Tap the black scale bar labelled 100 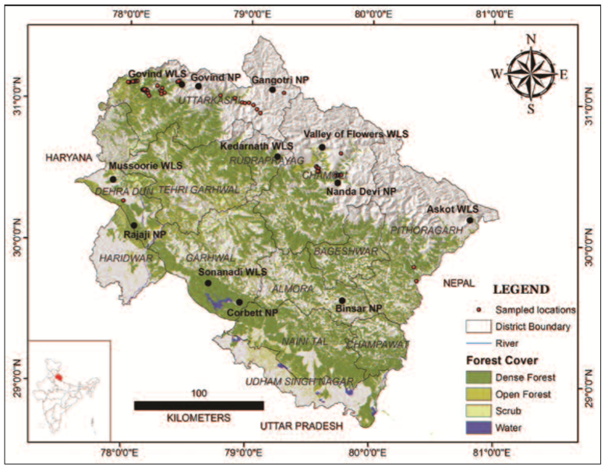[199, 405]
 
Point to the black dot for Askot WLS [470, 220]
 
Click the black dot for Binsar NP [341, 300]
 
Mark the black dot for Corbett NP [239, 302]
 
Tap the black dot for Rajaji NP [134, 225]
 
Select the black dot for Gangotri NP [273, 90]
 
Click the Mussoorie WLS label [146, 167]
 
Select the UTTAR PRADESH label [301, 426]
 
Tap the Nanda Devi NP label [361, 191]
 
